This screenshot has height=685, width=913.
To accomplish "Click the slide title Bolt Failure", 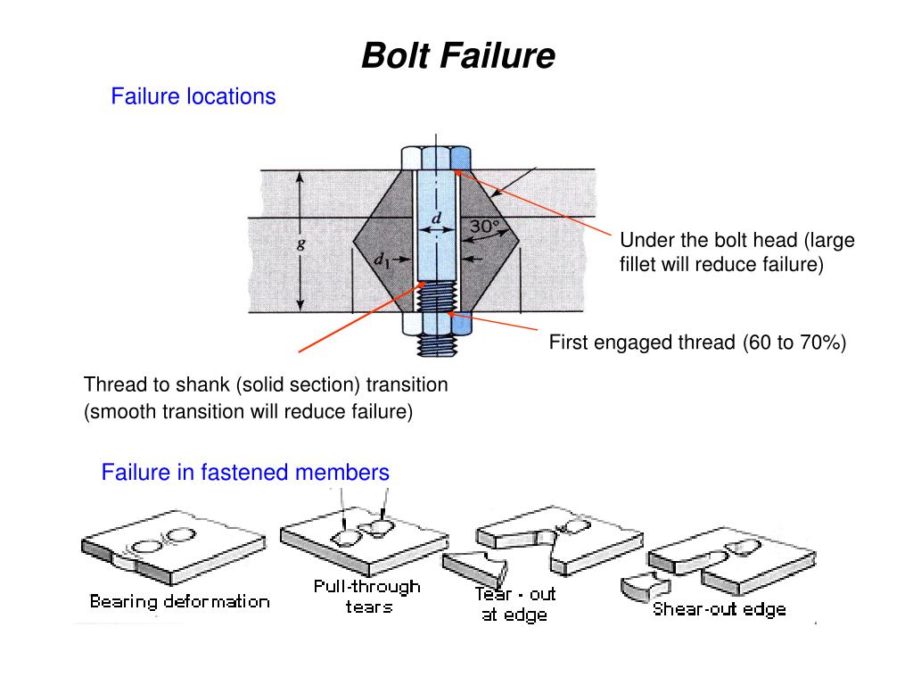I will tap(458, 56).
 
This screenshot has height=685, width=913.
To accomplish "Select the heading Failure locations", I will tap(193, 96).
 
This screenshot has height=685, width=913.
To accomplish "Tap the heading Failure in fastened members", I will tap(245, 472).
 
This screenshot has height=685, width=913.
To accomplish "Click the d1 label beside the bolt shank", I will tap(382, 260).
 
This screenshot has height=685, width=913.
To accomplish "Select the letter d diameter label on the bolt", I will tap(437, 217).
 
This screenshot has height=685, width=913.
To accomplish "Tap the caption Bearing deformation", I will tap(179, 601).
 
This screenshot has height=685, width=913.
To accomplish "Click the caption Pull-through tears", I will tap(366, 597).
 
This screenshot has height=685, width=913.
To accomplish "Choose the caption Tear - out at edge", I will tap(514, 604).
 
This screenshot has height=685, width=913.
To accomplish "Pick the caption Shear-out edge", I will tap(720, 609).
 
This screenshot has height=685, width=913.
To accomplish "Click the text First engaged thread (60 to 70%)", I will tap(697, 342).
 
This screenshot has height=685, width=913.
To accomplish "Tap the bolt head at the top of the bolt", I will tap(436, 157).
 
